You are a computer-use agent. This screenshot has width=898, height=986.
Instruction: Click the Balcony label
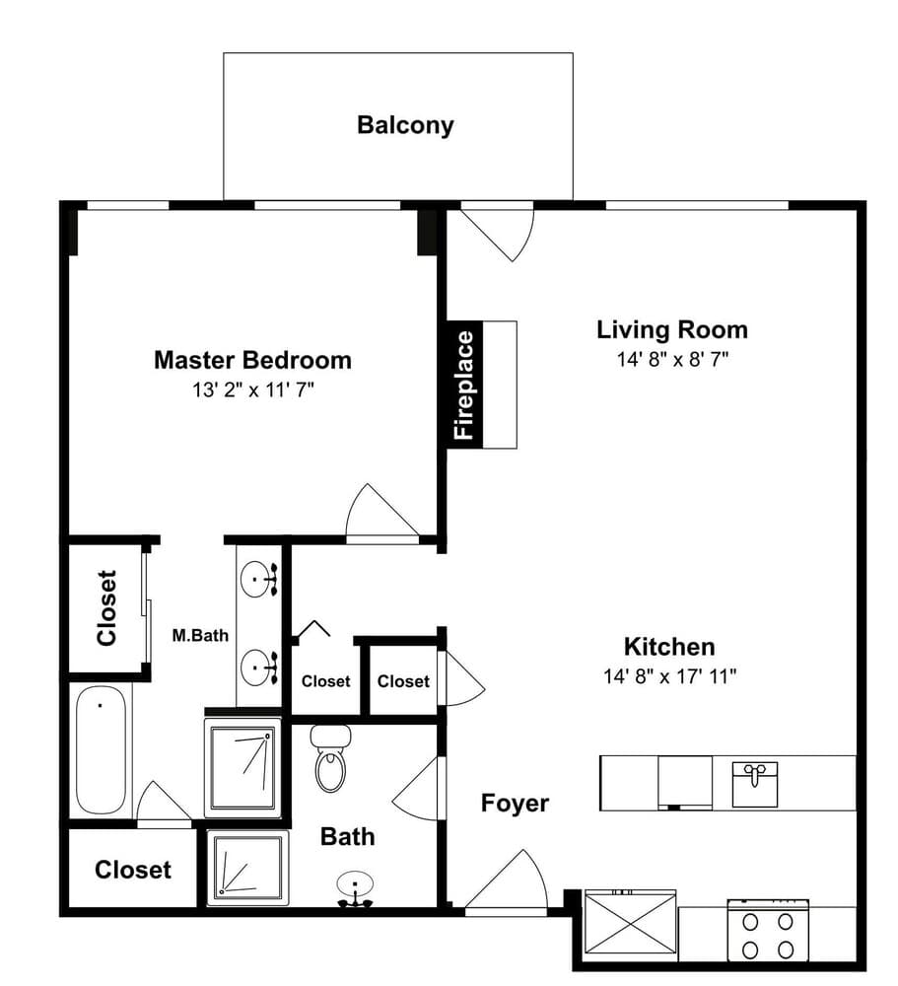pos(405,125)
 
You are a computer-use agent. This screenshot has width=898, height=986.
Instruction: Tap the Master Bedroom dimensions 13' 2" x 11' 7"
pos(252,390)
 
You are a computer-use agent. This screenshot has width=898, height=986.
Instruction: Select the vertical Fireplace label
pos(464,385)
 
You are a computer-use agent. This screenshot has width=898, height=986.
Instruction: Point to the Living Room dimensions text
pos(672,360)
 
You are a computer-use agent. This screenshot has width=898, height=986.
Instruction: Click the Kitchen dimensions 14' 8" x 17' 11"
pos(669,676)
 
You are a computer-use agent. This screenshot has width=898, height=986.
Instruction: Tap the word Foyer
pos(515,803)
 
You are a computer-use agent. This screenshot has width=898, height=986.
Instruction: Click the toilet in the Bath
pos(331,757)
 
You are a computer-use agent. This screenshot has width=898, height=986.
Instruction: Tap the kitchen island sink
pos(755,784)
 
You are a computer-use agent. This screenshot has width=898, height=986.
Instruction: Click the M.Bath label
pos(200,636)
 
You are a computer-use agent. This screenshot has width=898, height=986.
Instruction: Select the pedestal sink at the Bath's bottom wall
pos(355,889)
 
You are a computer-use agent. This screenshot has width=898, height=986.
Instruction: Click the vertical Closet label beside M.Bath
pos(106,608)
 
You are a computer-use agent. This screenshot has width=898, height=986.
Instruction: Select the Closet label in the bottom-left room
pos(133,870)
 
